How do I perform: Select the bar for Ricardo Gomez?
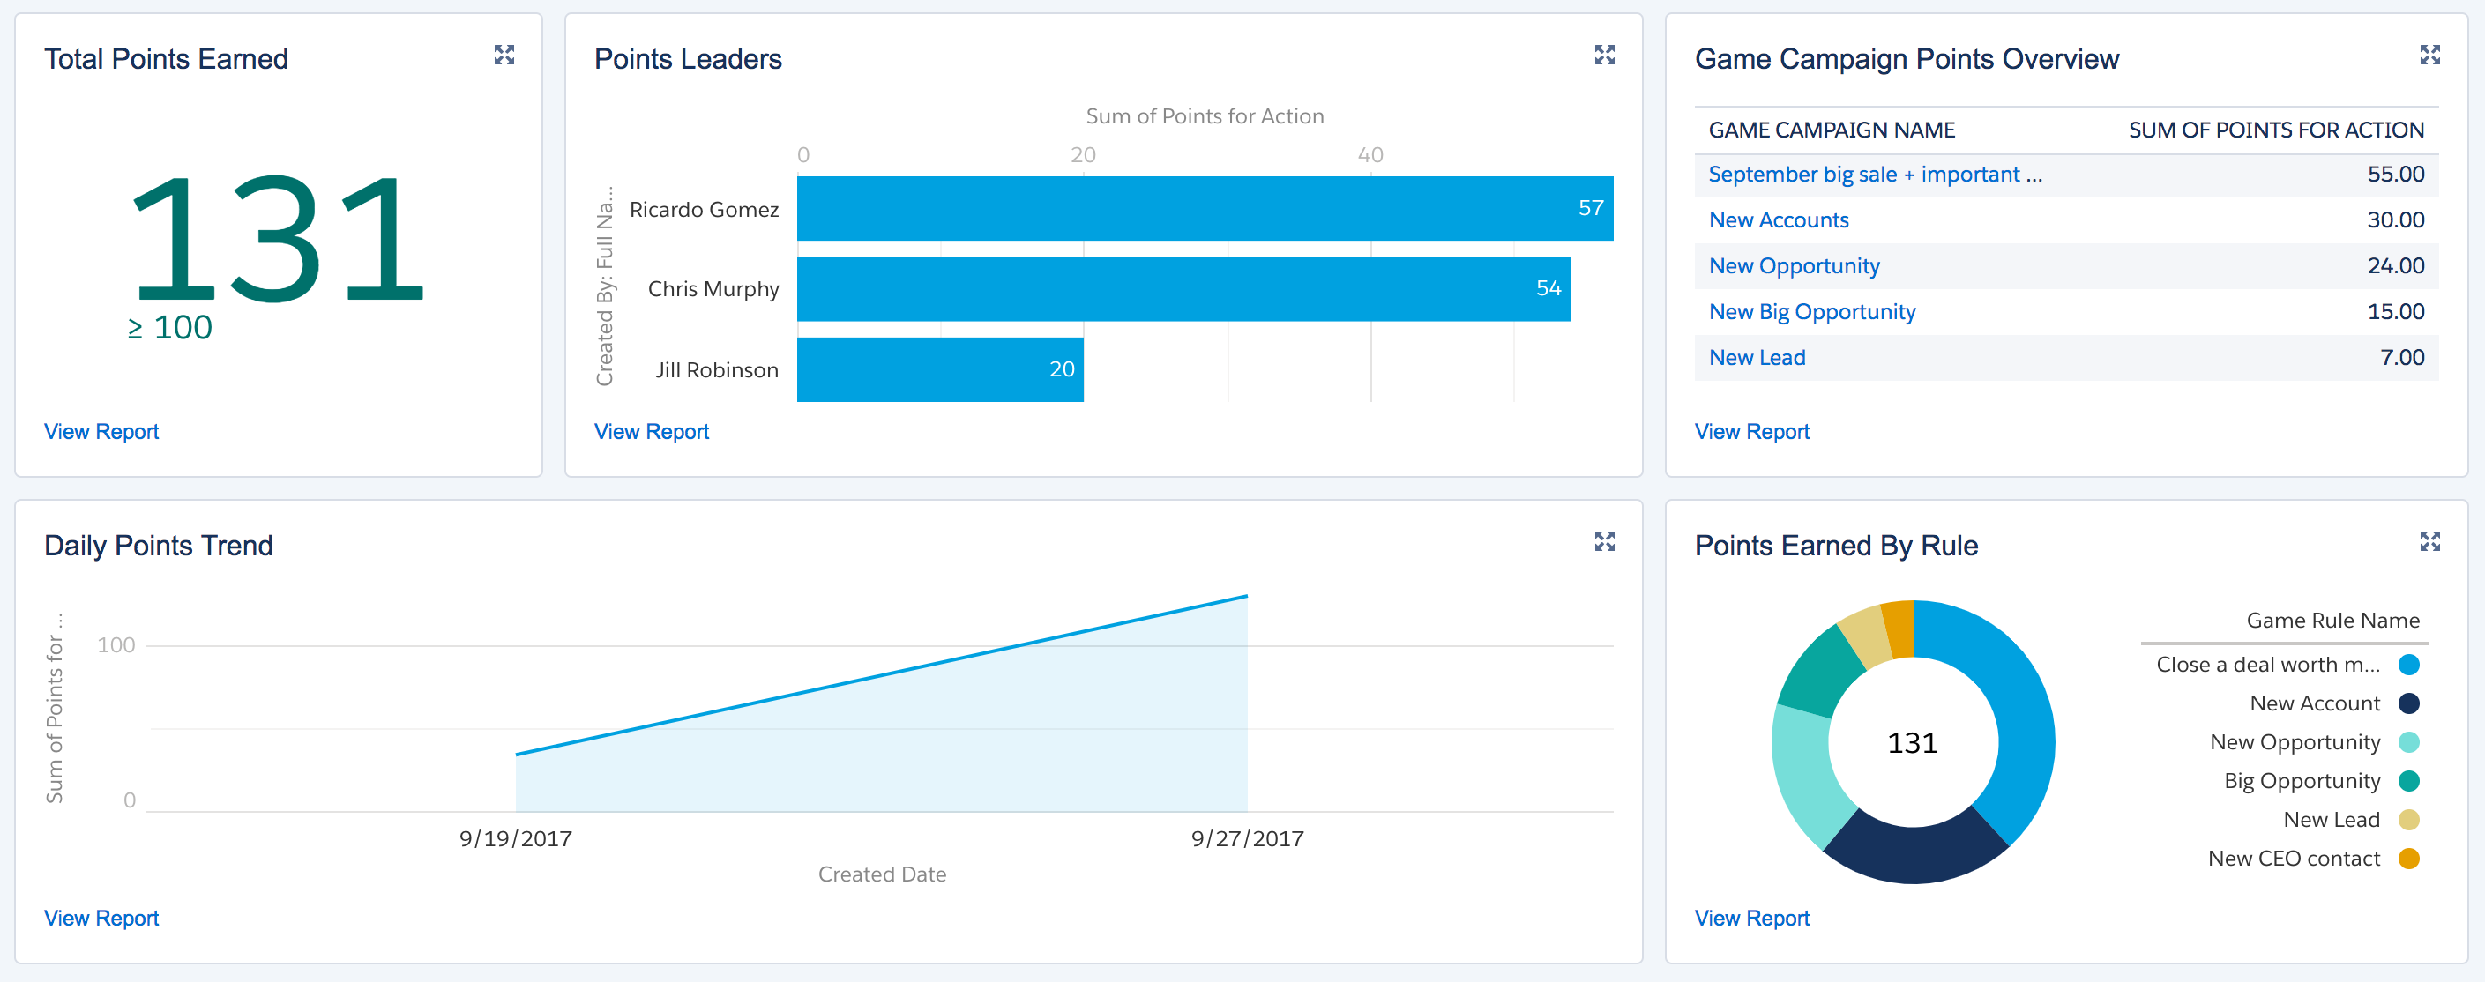(1204, 208)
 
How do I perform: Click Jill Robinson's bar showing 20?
(940, 369)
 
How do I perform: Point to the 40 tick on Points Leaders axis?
(1369, 154)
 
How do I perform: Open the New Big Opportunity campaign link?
(1810, 311)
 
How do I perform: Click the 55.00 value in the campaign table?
(2394, 175)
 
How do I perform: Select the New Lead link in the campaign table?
(1756, 358)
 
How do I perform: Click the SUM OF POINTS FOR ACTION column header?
(2275, 130)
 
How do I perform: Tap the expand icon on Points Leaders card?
(1603, 55)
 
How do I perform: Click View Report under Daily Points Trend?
(101, 918)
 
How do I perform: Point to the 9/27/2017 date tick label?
(1246, 838)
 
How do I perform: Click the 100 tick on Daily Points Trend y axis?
(116, 645)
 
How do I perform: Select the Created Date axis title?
(882, 874)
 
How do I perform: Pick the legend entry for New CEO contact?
(2294, 859)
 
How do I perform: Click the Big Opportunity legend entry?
(2301, 781)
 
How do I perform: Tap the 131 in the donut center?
(1912, 743)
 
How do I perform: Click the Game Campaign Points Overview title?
(1907, 60)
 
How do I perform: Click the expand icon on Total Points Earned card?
(504, 55)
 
